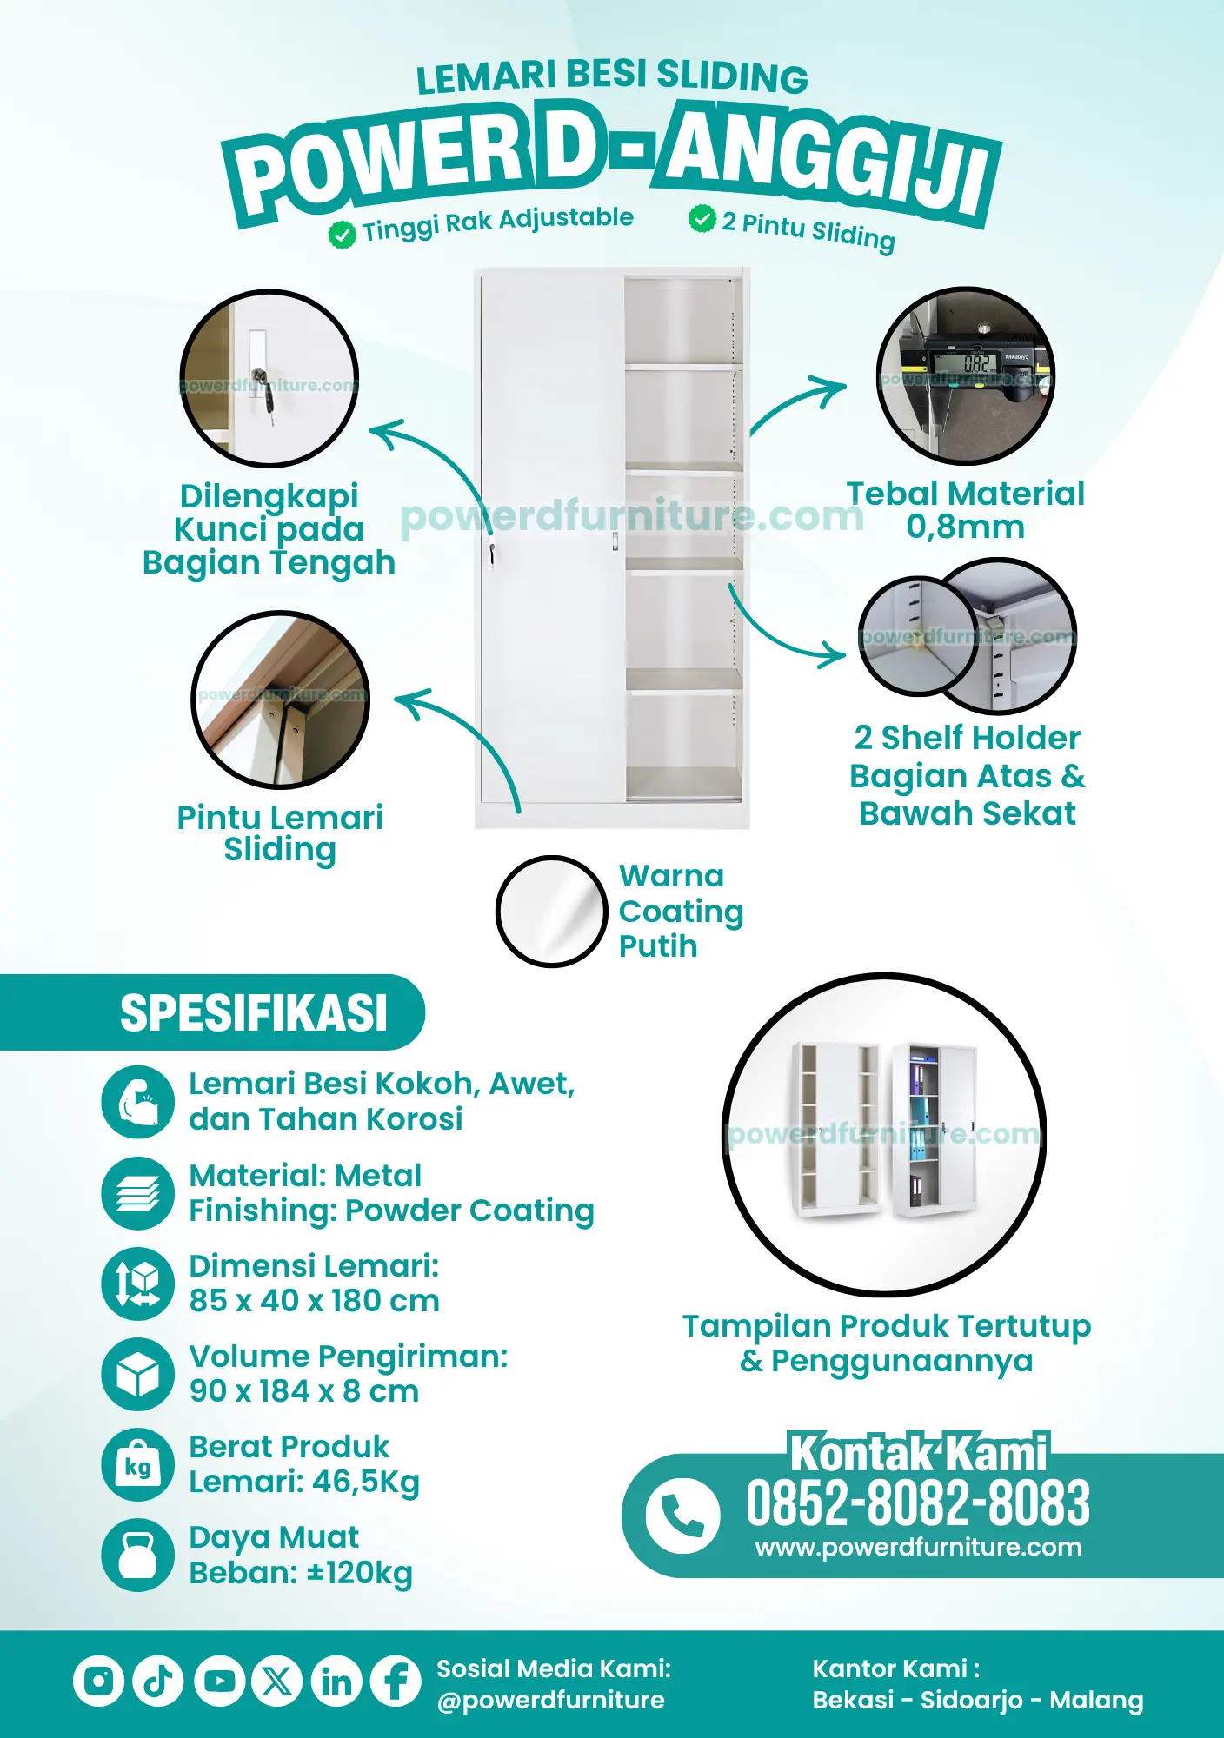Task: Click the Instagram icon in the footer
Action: click(98, 1681)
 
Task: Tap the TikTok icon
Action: click(158, 1681)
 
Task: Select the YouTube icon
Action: click(218, 1681)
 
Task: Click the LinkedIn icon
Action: click(336, 1681)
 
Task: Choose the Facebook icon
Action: click(396, 1681)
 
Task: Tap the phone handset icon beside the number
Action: click(682, 1516)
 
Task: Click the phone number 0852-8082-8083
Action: click(918, 1504)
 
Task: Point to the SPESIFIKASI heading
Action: click(254, 1013)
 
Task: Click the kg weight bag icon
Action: click(138, 1465)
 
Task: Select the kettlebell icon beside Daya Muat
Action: click(138, 1556)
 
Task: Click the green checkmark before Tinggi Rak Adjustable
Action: click(343, 235)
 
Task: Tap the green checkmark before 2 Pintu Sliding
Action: click(702, 219)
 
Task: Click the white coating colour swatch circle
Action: click(551, 912)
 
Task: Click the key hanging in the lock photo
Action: click(269, 405)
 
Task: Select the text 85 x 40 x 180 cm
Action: click(315, 1301)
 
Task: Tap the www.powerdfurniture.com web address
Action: click(919, 1548)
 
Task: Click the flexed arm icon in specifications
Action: click(138, 1102)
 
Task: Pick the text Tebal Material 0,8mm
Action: click(966, 510)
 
